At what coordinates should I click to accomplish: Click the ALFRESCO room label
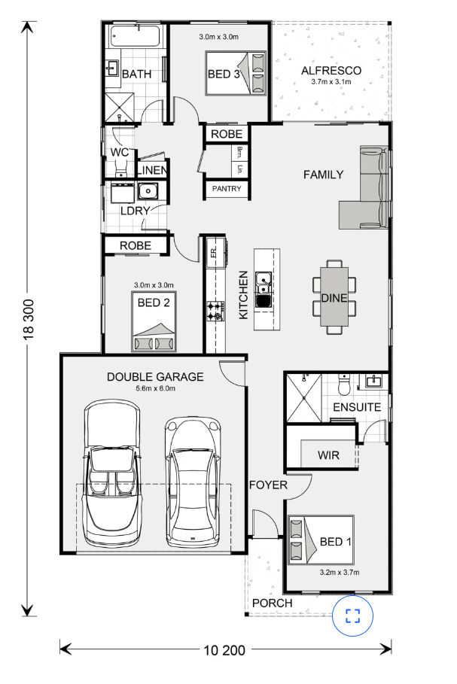(331, 71)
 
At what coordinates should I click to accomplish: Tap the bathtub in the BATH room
(135, 37)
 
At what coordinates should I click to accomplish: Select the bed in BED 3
(236, 73)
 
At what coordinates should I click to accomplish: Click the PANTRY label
(227, 188)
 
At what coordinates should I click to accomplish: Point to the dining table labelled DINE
(334, 296)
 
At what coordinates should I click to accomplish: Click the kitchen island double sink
(264, 289)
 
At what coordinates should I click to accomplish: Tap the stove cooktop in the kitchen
(215, 311)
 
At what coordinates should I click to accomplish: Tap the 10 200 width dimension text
(224, 650)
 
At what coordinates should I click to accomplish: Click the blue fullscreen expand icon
(352, 616)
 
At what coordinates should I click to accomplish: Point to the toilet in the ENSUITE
(344, 382)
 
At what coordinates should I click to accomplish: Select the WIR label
(328, 455)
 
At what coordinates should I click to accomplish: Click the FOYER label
(268, 485)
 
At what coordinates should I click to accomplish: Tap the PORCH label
(273, 603)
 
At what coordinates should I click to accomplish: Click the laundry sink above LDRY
(148, 191)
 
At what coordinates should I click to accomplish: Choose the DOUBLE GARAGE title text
(155, 377)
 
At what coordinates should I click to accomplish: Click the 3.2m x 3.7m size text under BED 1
(339, 573)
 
